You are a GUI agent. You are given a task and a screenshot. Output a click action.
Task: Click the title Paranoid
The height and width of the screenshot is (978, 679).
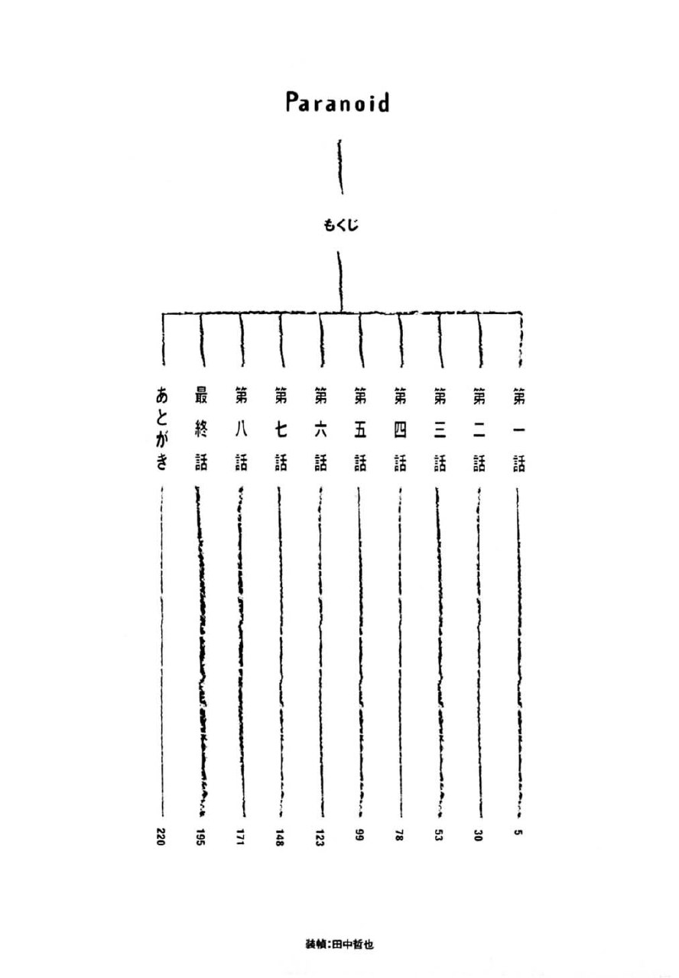click(x=337, y=102)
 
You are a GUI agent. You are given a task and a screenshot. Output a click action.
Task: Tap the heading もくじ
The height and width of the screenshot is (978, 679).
click(x=340, y=225)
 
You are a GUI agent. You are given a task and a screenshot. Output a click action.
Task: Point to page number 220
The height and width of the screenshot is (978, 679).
click(x=160, y=836)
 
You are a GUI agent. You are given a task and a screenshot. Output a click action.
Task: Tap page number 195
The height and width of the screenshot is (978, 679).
click(x=200, y=837)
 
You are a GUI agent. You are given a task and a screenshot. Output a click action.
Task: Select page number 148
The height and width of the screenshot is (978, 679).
click(x=280, y=837)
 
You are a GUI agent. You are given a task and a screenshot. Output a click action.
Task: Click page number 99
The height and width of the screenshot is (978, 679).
click(x=359, y=835)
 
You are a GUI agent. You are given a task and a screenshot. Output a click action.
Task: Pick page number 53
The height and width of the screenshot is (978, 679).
click(x=439, y=835)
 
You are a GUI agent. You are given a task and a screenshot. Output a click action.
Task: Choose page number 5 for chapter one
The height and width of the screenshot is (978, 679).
click(x=518, y=832)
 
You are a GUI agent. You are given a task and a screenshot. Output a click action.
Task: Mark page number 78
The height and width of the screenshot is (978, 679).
click(x=399, y=835)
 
